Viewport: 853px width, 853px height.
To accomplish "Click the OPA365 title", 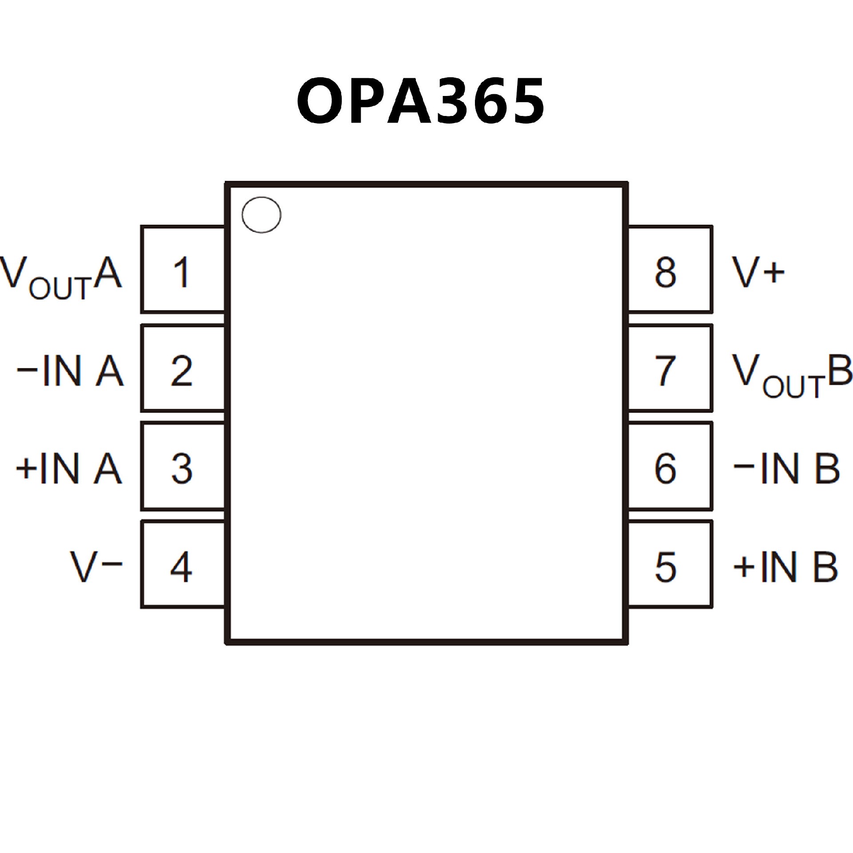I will point(420,102).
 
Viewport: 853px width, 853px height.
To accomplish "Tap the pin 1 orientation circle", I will point(261,215).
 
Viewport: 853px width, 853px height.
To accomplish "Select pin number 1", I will point(182,272).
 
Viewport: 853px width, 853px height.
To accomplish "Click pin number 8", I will point(665,272).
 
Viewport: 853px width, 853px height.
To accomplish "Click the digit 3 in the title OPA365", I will point(455,102).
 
